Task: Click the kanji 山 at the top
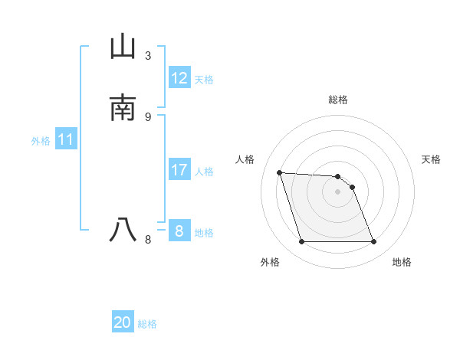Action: tap(123, 47)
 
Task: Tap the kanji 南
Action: tap(123, 107)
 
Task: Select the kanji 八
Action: tap(123, 229)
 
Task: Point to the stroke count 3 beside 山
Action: tap(148, 56)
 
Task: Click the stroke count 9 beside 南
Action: tap(148, 116)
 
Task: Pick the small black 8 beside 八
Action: tap(148, 239)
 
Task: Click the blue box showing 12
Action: tap(179, 78)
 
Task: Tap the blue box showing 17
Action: tap(179, 170)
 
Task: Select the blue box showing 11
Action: tap(66, 140)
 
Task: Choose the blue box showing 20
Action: tap(123, 322)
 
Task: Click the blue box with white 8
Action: tap(179, 231)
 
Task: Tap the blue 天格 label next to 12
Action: tap(204, 80)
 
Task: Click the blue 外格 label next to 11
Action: tap(41, 141)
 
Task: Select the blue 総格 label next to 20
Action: tap(147, 324)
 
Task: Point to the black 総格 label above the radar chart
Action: tap(338, 100)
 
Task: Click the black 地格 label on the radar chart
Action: tap(402, 262)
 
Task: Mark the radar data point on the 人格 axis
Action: tap(280, 172)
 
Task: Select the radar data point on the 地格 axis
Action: tap(373, 242)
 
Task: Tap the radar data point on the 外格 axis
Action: tap(301, 242)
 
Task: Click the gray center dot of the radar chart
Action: tap(337, 191)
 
